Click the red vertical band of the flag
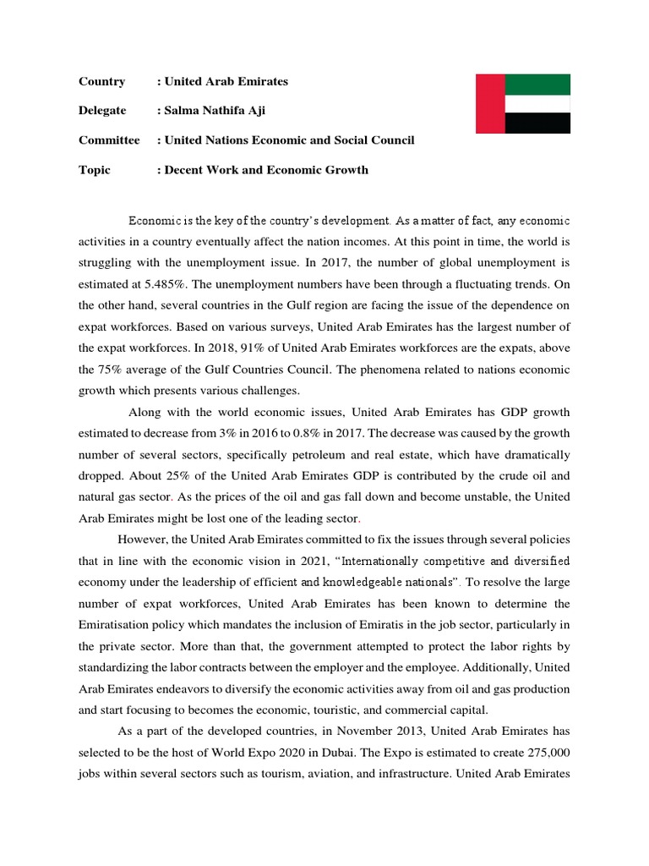click(490, 103)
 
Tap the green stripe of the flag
click(537, 84)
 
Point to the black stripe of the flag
click(537, 123)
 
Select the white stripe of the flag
click(537, 103)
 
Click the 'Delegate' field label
click(102, 111)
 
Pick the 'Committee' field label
click(109, 140)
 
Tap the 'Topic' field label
click(95, 170)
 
